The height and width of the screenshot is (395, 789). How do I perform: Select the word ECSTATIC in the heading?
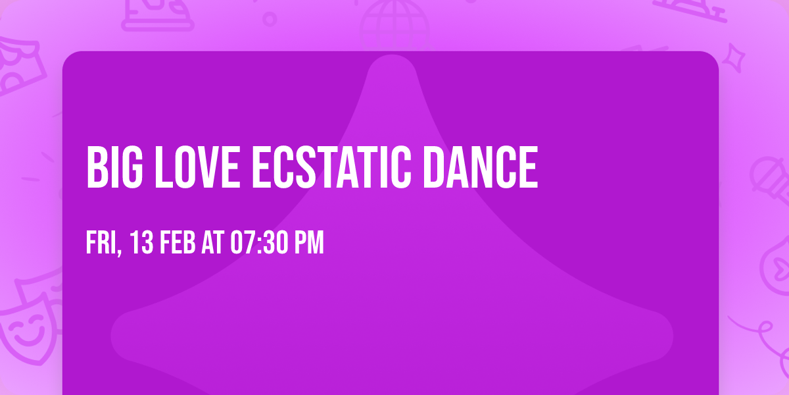(x=331, y=168)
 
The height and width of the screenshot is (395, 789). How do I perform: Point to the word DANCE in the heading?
(x=480, y=168)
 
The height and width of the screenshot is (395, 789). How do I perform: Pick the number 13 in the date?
(x=142, y=243)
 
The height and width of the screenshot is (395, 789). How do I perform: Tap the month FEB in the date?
(x=178, y=243)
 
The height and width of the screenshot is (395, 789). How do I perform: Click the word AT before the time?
(x=212, y=243)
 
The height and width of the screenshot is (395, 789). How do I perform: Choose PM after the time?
(x=308, y=243)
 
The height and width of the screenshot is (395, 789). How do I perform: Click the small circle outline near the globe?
(x=270, y=18)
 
